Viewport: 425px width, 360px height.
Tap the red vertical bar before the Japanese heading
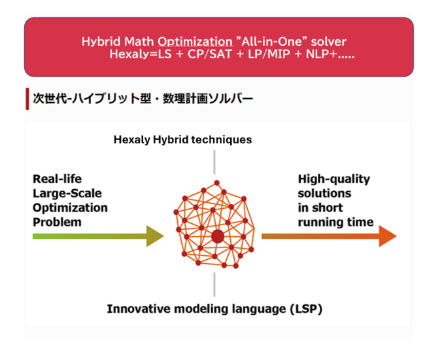[x=27, y=99]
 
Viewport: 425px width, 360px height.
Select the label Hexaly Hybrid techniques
[x=182, y=139]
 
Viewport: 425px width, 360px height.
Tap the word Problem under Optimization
[x=58, y=222]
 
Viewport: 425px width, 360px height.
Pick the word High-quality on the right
[x=333, y=179]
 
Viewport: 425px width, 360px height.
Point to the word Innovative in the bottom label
[x=138, y=308]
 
